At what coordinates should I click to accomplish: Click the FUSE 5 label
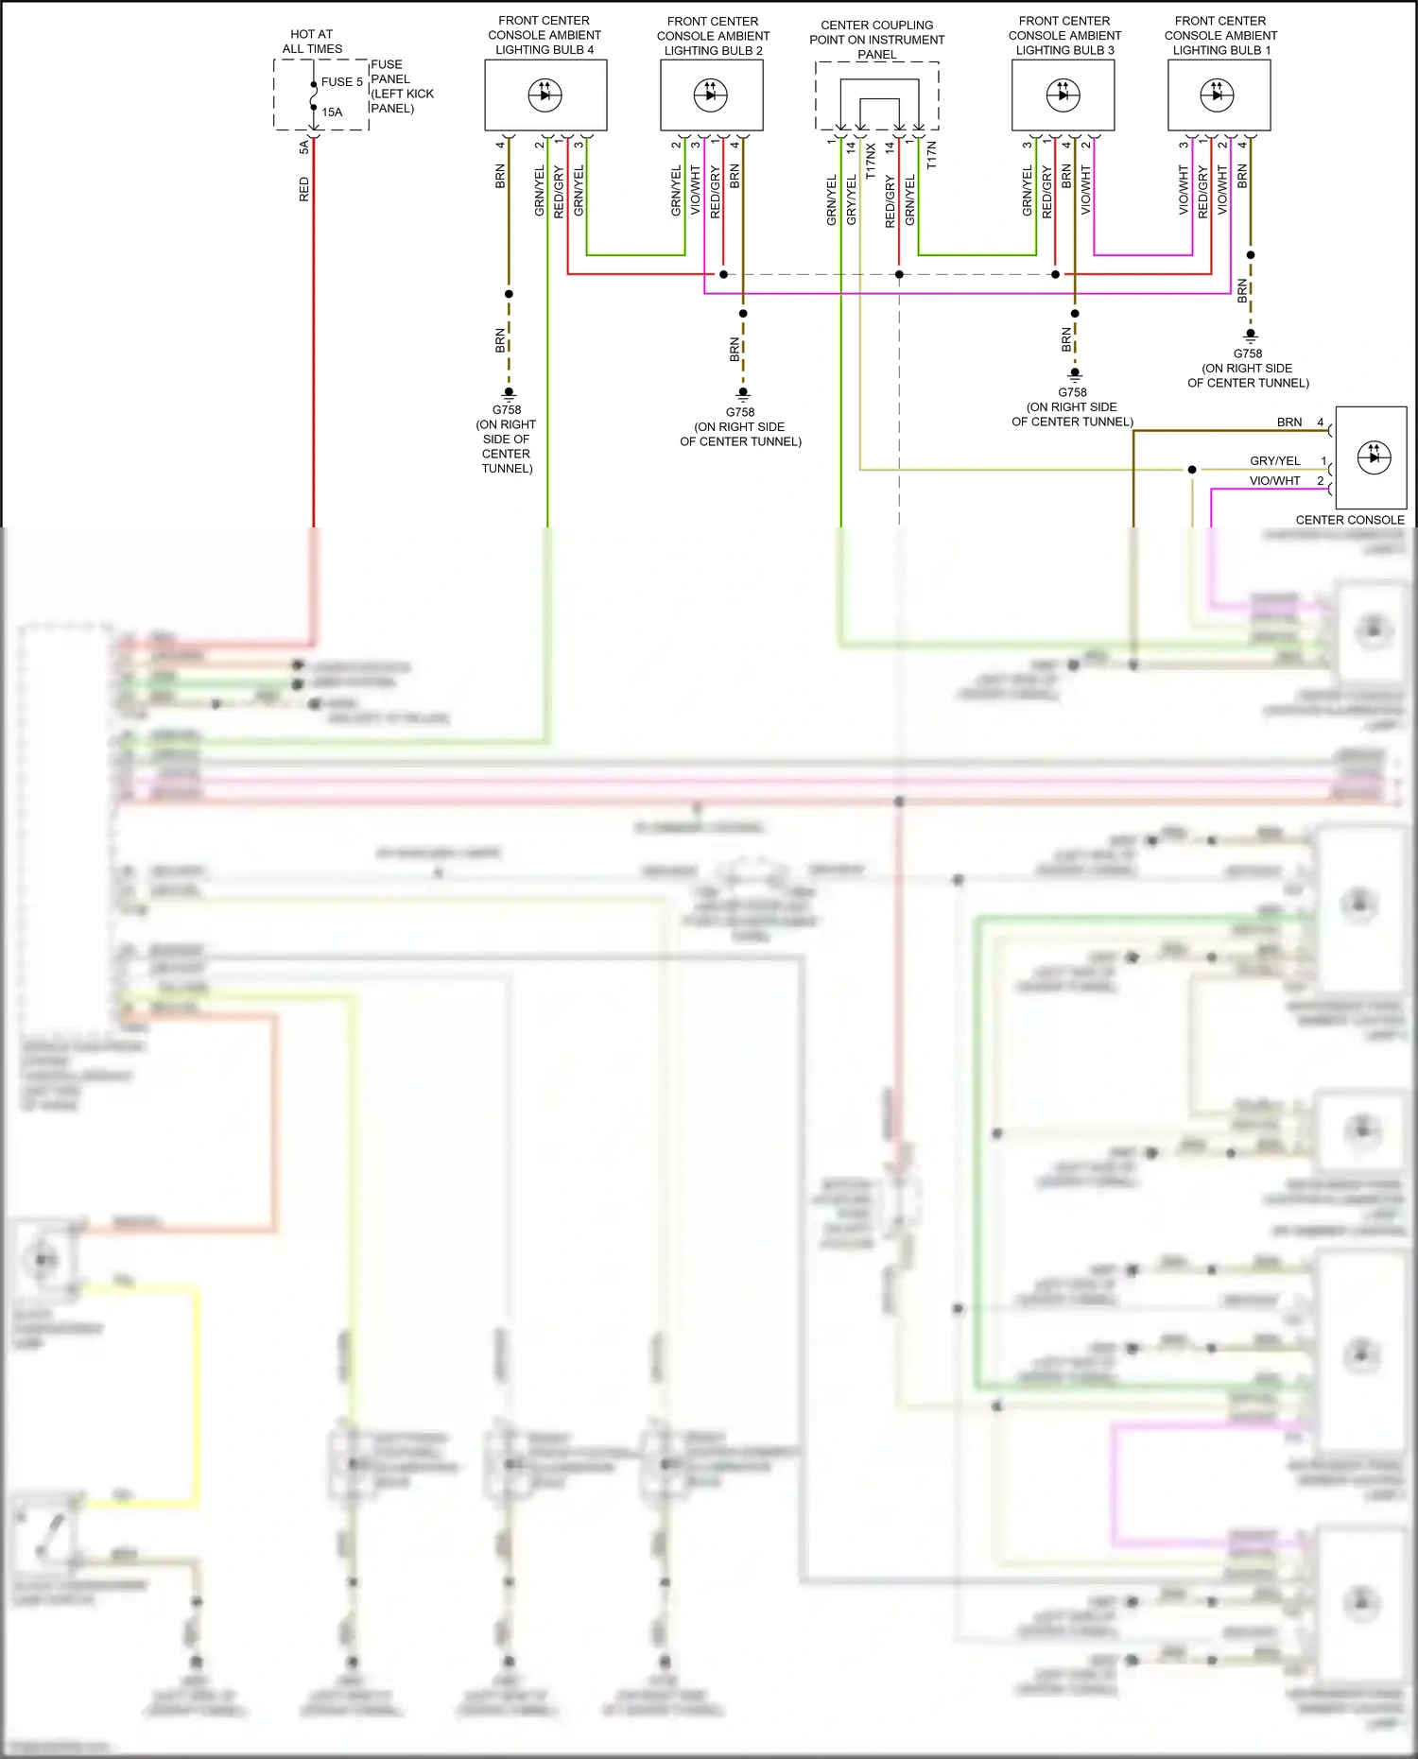coord(341,82)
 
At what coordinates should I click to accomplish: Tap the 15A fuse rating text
coord(332,112)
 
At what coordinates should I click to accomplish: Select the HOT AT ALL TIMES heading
coord(312,42)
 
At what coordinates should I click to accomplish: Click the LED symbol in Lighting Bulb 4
coord(545,95)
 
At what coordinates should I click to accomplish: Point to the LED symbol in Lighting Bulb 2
coord(711,95)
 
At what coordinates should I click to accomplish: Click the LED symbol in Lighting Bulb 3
coord(1063,95)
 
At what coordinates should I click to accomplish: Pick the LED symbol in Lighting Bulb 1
coord(1217,95)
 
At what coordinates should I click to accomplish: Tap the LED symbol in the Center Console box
coord(1374,457)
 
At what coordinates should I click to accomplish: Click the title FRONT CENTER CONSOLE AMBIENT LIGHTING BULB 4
coord(545,35)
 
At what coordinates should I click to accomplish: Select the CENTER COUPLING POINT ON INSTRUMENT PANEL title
coord(877,40)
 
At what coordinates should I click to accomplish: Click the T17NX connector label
coord(871,162)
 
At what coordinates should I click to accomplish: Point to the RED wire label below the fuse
coord(304,189)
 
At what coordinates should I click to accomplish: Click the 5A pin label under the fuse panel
coord(304,147)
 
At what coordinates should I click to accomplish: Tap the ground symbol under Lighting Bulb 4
coord(509,392)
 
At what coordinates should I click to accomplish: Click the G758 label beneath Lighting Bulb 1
coord(1248,354)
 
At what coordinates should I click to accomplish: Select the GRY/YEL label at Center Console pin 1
coord(1275,461)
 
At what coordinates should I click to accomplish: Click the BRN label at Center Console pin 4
coord(1289,423)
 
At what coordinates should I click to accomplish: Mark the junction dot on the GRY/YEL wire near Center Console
coord(1192,470)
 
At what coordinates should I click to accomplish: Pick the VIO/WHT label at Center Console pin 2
coord(1275,481)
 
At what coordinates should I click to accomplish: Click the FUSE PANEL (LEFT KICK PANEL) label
coord(402,87)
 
